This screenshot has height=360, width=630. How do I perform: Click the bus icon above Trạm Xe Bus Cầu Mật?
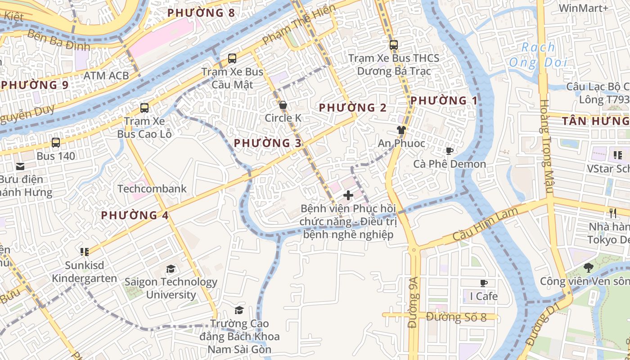[x=232, y=58]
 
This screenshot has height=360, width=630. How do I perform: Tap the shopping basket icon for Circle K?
[x=283, y=105]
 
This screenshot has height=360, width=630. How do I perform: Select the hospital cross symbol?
[x=348, y=195]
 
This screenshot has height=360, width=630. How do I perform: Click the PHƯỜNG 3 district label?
[x=268, y=143]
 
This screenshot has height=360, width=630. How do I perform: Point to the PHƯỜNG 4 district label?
[x=135, y=215]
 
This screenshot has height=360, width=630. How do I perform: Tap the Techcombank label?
[x=152, y=189]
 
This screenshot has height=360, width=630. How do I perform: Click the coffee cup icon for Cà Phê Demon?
[x=449, y=151]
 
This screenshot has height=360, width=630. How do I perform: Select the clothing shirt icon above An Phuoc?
[x=401, y=130]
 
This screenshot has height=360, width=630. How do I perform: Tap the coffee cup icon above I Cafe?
[x=484, y=283]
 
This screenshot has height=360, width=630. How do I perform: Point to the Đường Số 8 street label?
[x=456, y=317]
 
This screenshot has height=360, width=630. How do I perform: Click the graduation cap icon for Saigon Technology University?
[x=171, y=269]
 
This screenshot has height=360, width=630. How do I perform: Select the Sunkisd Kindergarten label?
[x=85, y=272]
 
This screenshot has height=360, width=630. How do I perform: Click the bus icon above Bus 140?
[x=56, y=143]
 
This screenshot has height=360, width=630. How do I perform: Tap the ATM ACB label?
[x=106, y=75]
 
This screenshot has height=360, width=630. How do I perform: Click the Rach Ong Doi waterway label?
[x=538, y=55]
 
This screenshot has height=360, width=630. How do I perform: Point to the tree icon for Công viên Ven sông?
[x=588, y=268]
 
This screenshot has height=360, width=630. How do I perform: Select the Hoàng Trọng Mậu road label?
[x=546, y=146]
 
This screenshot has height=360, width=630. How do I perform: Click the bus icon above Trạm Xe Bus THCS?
[x=394, y=45]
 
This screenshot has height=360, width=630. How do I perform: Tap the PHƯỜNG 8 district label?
[x=201, y=13]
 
